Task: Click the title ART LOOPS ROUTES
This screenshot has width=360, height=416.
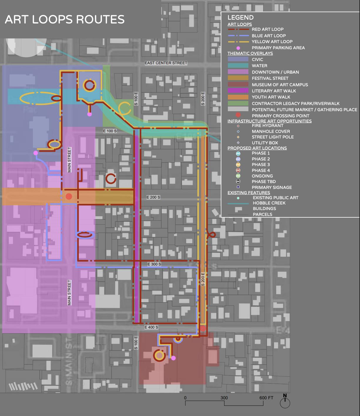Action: tap(65, 19)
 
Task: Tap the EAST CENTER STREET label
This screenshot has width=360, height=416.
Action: tap(166, 63)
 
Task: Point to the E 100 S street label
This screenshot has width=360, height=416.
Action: tap(110, 131)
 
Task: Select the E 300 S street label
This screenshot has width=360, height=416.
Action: tap(154, 264)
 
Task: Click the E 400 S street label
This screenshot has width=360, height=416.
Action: tap(151, 327)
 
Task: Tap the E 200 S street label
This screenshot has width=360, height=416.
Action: tap(153, 197)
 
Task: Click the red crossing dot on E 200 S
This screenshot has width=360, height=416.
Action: tap(69, 197)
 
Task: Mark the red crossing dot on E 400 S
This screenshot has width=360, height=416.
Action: tap(203, 328)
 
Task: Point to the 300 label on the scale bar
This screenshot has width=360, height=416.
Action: tap(224, 398)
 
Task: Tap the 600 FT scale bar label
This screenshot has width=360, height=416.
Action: tap(266, 398)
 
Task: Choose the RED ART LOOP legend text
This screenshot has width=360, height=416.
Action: tap(268, 29)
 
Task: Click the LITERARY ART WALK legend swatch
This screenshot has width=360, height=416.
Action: tap(238, 91)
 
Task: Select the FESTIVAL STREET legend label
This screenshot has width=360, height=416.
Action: tap(270, 78)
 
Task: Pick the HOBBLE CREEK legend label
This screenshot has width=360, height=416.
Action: tap(269, 203)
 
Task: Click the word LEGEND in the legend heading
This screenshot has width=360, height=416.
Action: tap(240, 18)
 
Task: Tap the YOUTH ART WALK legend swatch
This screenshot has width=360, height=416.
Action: tap(238, 97)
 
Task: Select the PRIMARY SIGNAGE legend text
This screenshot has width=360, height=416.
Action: tap(272, 187)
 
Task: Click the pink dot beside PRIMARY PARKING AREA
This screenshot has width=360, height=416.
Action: tap(238, 48)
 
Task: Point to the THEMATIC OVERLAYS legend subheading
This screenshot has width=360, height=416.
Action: tap(250, 53)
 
